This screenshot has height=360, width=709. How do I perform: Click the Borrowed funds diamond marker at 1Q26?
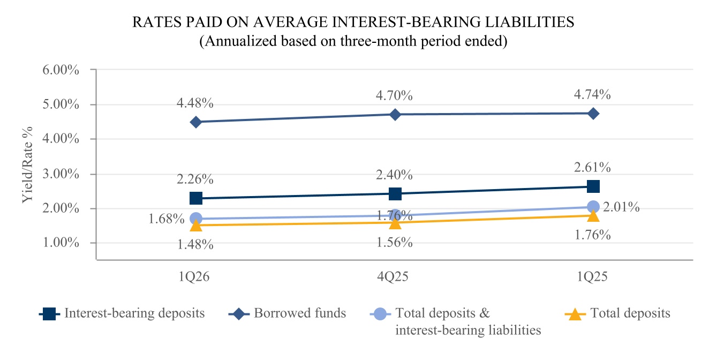[196, 122]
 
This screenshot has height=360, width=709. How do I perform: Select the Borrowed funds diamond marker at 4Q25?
[395, 115]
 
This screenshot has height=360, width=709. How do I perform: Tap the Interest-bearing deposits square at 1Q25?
[593, 186]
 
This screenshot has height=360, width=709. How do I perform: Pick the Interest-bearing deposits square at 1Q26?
[196, 198]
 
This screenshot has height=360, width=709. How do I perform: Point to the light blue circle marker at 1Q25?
[593, 207]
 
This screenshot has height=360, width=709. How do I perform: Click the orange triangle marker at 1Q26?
[196, 225]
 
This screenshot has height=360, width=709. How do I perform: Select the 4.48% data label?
[195, 103]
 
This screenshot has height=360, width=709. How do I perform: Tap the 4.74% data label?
[592, 94]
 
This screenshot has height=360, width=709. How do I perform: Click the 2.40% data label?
[394, 175]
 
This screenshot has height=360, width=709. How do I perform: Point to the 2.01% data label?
[621, 207]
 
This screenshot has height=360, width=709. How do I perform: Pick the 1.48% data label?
[195, 244]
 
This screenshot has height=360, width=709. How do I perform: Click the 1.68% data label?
[167, 219]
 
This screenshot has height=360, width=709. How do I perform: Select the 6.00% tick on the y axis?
[61, 70]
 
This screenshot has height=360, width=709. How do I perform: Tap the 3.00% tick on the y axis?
[61, 174]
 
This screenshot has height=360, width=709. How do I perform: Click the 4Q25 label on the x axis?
[393, 277]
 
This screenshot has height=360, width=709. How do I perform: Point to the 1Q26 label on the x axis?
[194, 277]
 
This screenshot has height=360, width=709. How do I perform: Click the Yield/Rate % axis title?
[27, 165]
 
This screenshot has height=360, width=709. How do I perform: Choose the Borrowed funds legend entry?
[287, 313]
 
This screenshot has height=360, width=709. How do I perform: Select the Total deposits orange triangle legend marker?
[575, 314]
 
